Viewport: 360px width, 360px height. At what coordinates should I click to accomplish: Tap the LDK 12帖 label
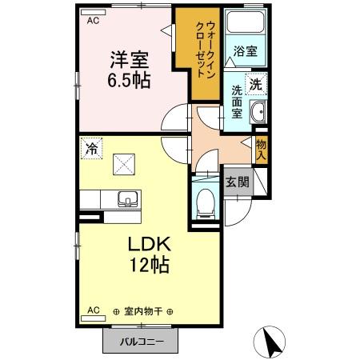tap(146, 255)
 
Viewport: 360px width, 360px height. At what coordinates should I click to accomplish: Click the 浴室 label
tap(245, 51)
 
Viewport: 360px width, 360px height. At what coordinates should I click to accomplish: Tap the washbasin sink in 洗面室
tap(258, 113)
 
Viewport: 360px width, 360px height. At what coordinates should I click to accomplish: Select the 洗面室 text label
tap(238, 102)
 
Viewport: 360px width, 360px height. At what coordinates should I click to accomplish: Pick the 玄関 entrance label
tap(237, 182)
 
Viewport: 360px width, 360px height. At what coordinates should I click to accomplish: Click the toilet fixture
tap(205, 202)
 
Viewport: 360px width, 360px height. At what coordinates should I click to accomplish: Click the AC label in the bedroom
tap(92, 22)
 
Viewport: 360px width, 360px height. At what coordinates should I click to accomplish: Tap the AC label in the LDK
tap(92, 309)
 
